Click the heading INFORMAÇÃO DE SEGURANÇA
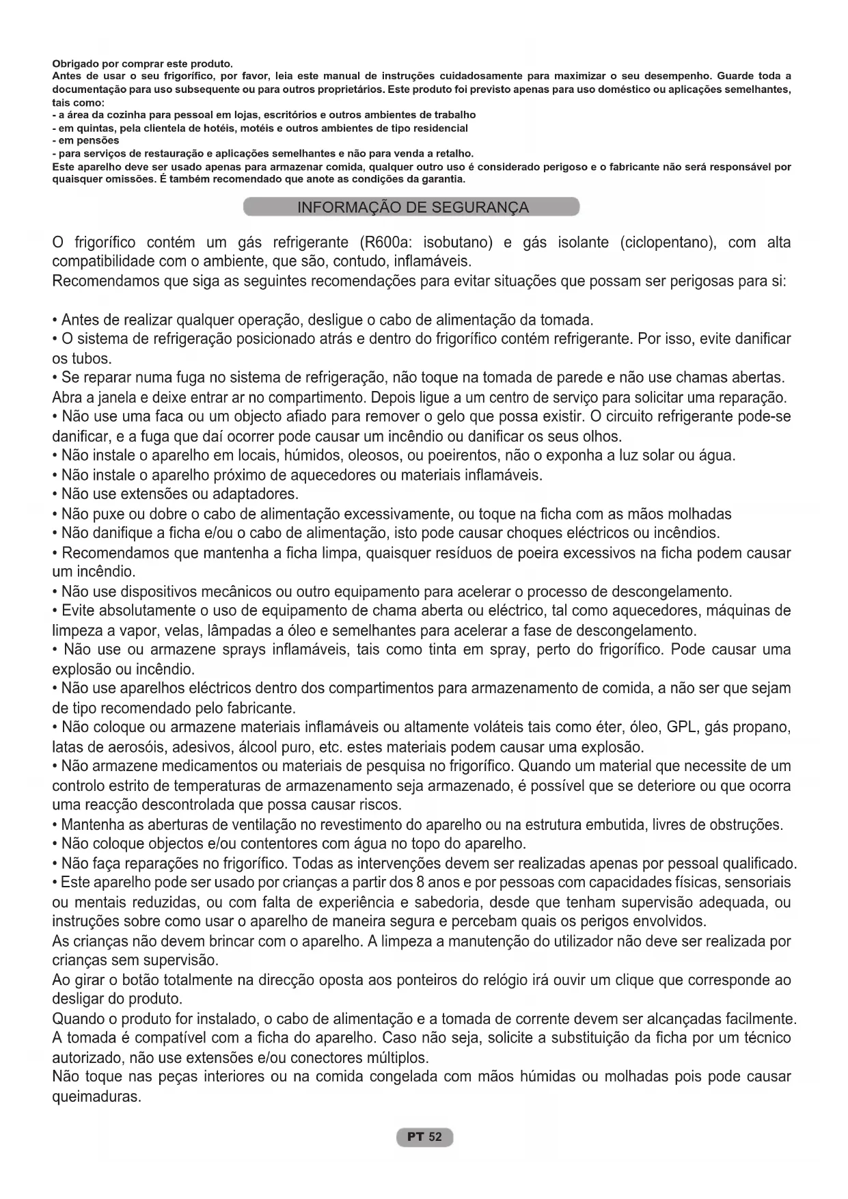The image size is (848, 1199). point(413,207)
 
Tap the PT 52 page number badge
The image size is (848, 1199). point(424,1137)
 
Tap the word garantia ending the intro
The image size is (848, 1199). point(445,179)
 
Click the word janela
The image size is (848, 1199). point(100,398)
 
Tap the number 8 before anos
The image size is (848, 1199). point(420,883)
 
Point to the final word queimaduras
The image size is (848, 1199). point(96,1096)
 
